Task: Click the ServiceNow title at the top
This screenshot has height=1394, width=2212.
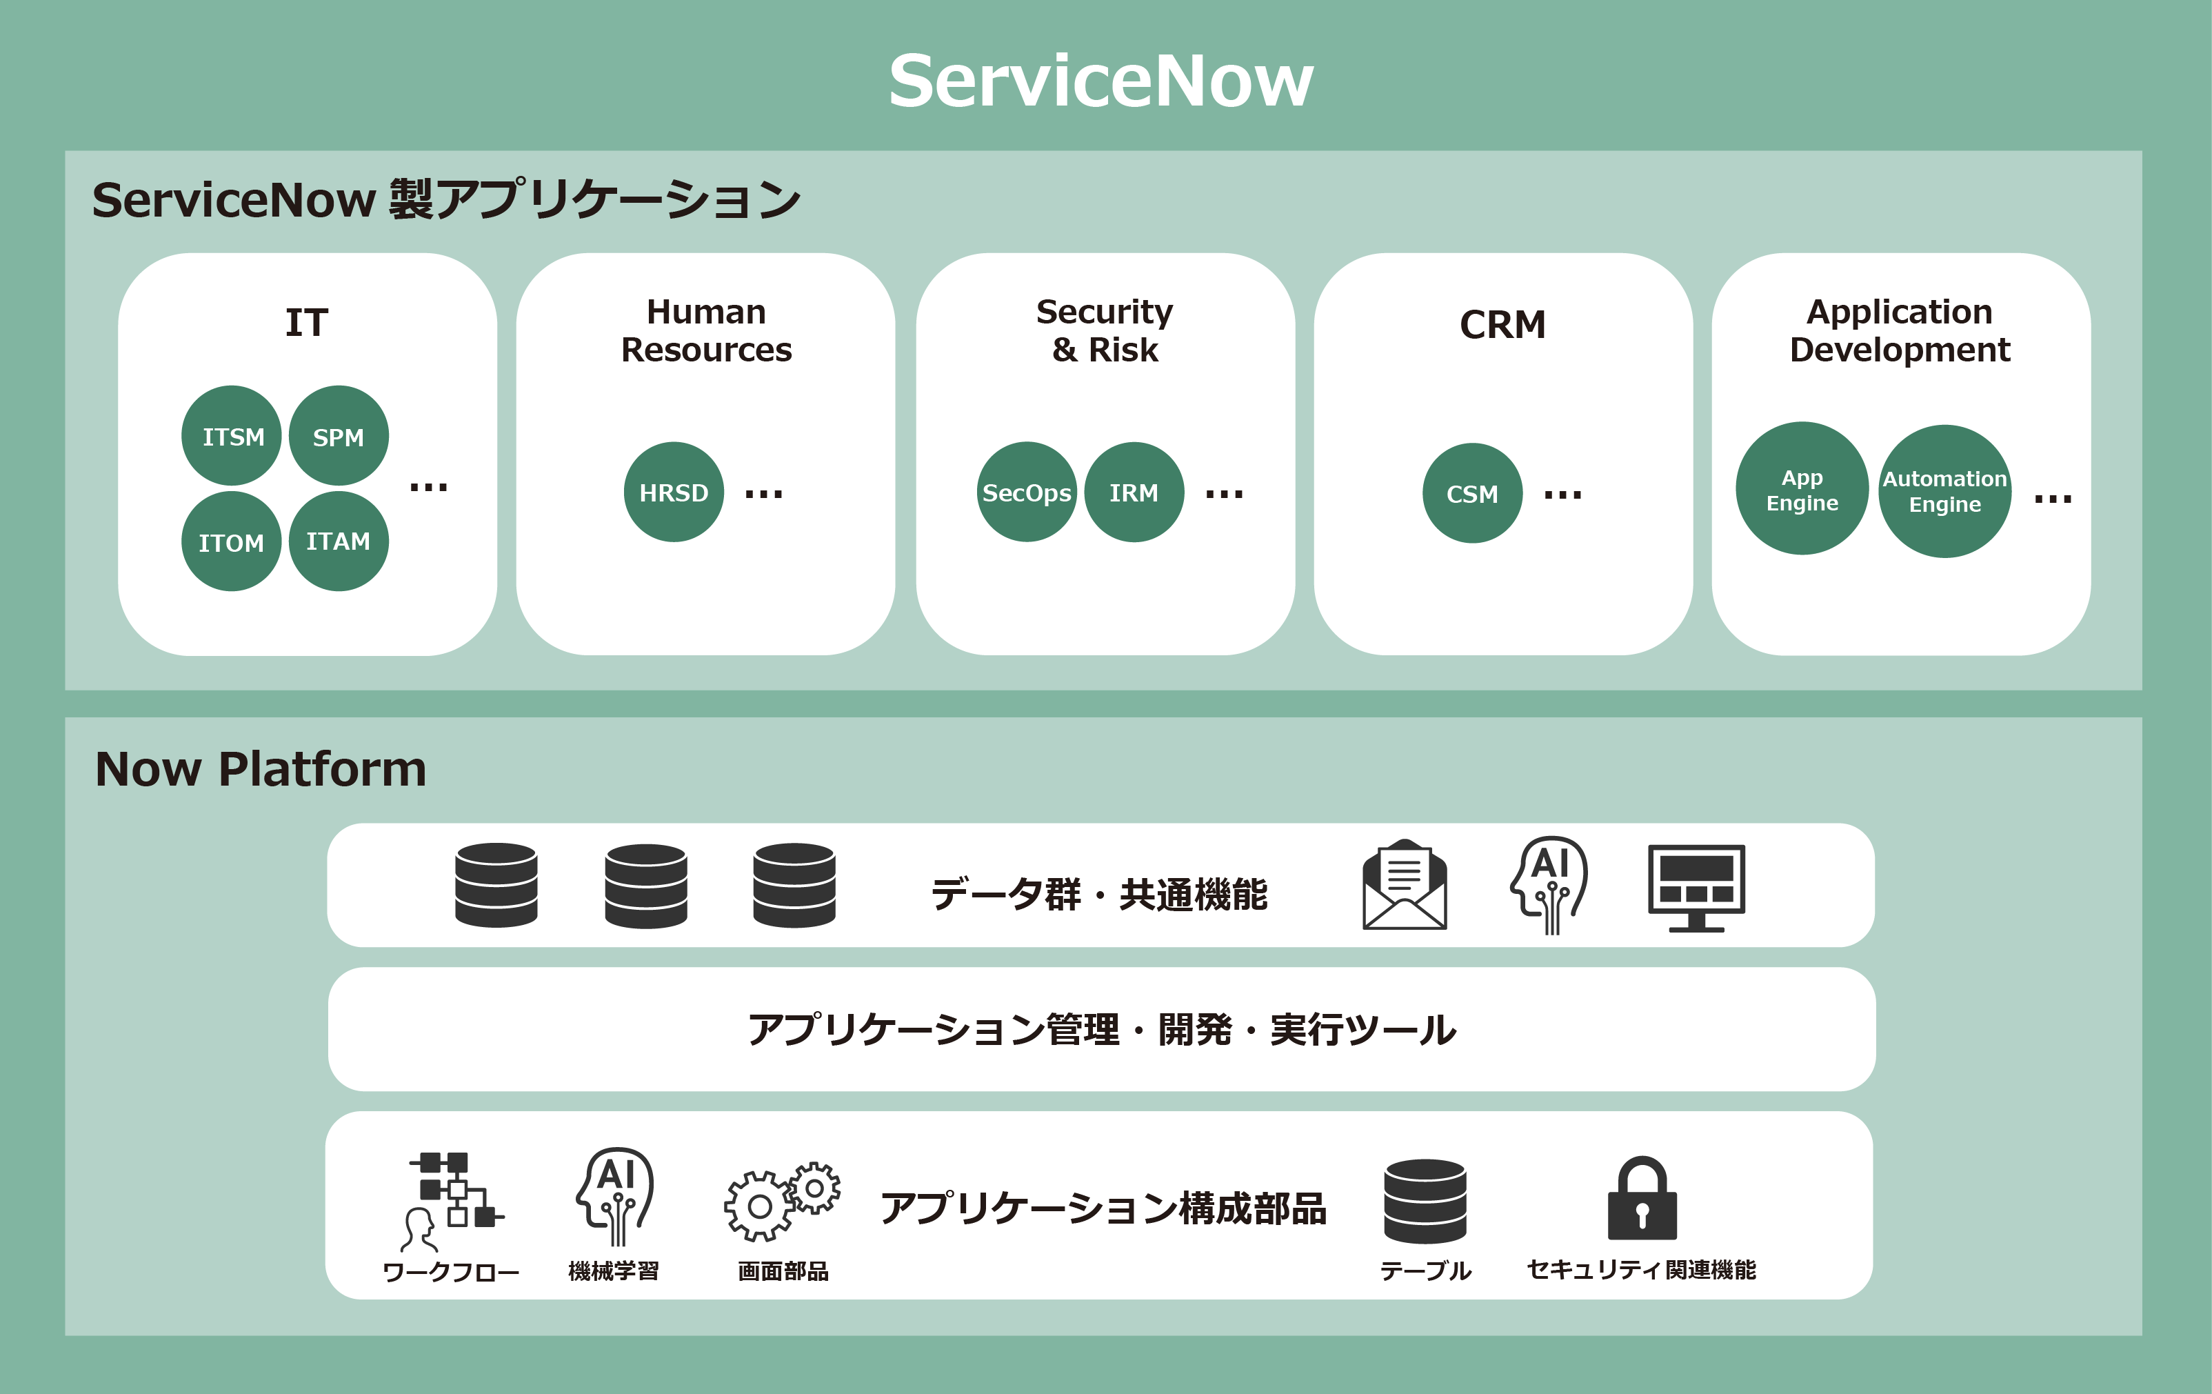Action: tap(1100, 81)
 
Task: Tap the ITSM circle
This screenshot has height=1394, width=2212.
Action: tap(232, 435)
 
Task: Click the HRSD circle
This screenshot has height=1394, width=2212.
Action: tap(674, 492)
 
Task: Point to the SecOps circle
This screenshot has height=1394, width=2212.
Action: tap(1026, 492)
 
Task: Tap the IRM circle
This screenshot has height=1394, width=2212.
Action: tap(1134, 492)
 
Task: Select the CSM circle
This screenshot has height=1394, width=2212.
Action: tap(1471, 493)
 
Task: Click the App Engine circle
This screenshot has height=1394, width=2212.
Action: tap(1801, 489)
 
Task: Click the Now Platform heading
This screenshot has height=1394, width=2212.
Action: tap(261, 768)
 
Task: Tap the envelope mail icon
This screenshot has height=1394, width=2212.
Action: tap(1404, 885)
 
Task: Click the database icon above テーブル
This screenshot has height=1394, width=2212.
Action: tap(1425, 1200)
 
